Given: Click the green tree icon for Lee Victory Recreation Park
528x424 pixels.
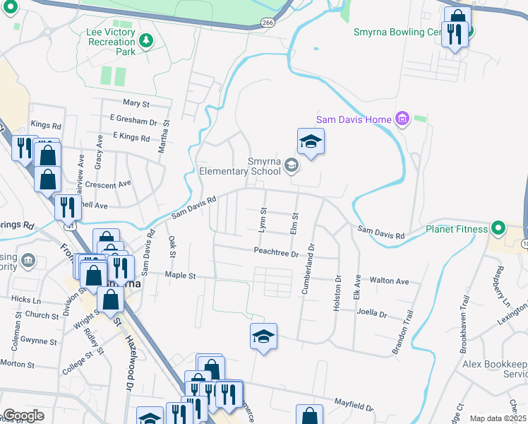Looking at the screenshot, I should tap(146, 40).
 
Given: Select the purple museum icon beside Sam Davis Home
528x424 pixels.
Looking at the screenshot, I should tap(402, 119).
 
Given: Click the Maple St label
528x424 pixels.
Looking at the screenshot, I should tap(179, 274).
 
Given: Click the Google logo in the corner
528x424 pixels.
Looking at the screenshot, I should tap(23, 416).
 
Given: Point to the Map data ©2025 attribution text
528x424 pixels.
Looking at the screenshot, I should tap(498, 418).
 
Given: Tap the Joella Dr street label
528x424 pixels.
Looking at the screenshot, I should tap(373, 313).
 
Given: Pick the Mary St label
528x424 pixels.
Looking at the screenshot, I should tap(136, 103).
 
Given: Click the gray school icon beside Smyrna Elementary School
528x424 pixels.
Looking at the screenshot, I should tap(293, 165).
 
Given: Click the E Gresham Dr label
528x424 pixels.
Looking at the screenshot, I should tap(133, 122).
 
